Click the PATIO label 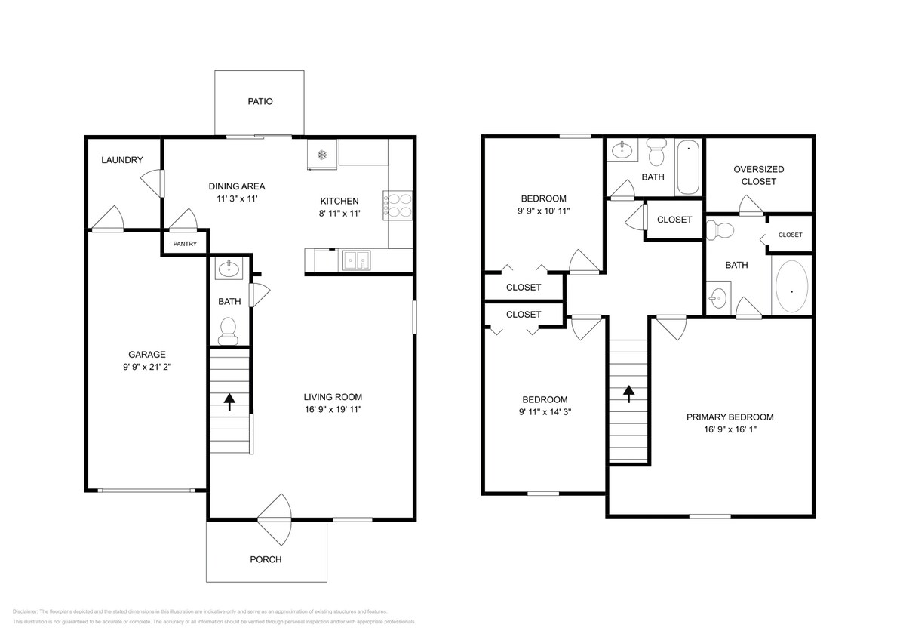point(260,101)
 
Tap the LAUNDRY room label point(122,160)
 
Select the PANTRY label point(185,244)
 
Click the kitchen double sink point(355,260)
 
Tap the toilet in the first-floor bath point(227,329)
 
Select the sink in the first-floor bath point(227,268)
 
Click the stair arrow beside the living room point(230,401)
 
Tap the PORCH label point(266,559)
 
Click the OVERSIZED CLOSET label point(758,175)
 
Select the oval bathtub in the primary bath point(791,288)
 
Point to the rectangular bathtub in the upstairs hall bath point(688,167)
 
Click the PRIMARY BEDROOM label point(730,417)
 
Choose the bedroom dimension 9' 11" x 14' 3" point(545,412)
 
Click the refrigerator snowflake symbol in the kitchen point(321,155)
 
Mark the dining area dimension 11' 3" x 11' point(237,198)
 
